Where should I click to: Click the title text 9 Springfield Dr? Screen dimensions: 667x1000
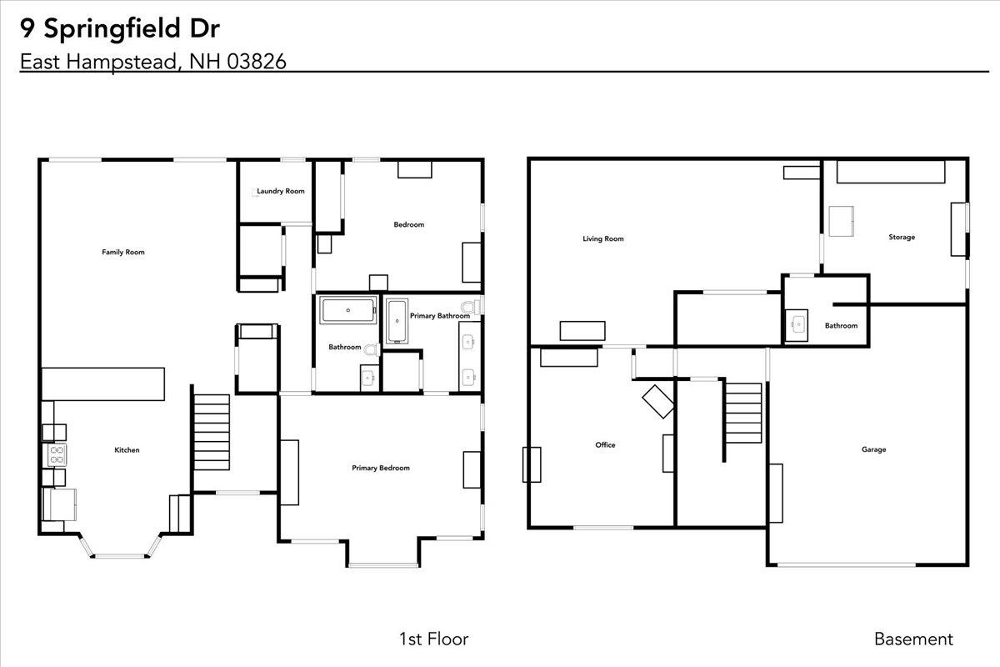coord(120,28)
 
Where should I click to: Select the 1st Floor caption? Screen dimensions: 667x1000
coord(433,639)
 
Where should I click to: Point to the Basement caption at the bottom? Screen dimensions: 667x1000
coord(912,639)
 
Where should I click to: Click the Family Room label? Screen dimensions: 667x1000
coord(123,252)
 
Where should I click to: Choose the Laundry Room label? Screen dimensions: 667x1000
coord(280,191)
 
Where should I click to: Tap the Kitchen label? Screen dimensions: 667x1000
coord(127,450)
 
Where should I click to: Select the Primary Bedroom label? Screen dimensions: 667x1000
coord(380,468)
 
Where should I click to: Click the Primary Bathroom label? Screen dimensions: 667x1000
coord(439,316)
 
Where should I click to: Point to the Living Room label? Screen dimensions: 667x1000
coord(602,239)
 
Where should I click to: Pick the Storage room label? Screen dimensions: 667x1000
coord(901,237)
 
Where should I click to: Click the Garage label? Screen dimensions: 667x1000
coord(873,449)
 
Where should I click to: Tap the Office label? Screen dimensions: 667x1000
coord(605,444)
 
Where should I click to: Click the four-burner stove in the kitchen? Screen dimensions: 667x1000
coord(57,454)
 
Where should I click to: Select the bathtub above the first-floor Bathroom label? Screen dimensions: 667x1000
coord(348,311)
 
